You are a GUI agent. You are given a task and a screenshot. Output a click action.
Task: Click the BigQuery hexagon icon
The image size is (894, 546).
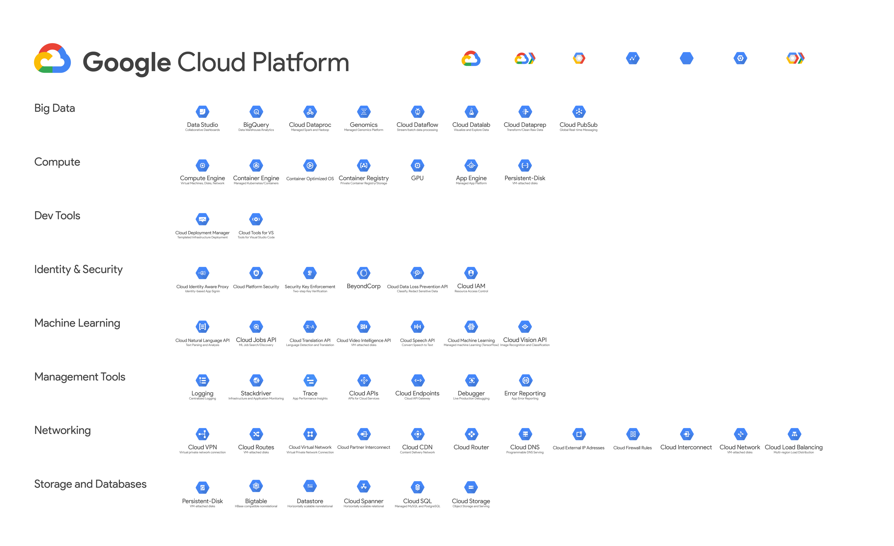point(256,112)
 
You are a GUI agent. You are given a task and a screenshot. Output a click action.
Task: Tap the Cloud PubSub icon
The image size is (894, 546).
point(579,112)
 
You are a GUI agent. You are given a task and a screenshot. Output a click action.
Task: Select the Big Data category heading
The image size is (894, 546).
point(55,108)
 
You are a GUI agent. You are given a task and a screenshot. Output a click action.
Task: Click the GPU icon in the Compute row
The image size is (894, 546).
point(417,166)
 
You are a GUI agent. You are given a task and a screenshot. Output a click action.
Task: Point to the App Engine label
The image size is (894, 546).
point(471,178)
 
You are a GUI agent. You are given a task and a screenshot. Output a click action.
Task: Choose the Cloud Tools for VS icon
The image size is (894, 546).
point(256,219)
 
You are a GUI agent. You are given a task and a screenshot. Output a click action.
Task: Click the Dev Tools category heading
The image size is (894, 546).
point(57,216)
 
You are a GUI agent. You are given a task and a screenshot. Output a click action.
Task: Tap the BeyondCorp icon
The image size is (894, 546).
point(364,273)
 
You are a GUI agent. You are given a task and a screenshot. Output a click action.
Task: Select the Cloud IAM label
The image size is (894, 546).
point(471,286)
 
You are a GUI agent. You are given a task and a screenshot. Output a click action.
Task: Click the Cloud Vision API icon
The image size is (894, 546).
point(525,327)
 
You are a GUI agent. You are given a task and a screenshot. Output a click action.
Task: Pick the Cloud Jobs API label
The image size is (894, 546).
point(256,340)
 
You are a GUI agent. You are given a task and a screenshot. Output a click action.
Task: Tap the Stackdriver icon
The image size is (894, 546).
point(256,380)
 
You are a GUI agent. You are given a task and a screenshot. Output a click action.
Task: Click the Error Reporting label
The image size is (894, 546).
point(525,393)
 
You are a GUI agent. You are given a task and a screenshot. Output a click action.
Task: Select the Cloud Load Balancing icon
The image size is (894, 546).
point(794,434)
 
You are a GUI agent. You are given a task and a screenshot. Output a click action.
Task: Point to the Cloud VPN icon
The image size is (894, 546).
point(202,434)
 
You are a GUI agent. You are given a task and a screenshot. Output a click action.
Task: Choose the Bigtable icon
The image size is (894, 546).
point(256,486)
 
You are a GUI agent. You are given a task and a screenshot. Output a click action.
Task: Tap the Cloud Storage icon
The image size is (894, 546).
point(471,488)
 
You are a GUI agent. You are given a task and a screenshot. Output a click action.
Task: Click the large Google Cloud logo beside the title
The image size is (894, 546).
point(52,59)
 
